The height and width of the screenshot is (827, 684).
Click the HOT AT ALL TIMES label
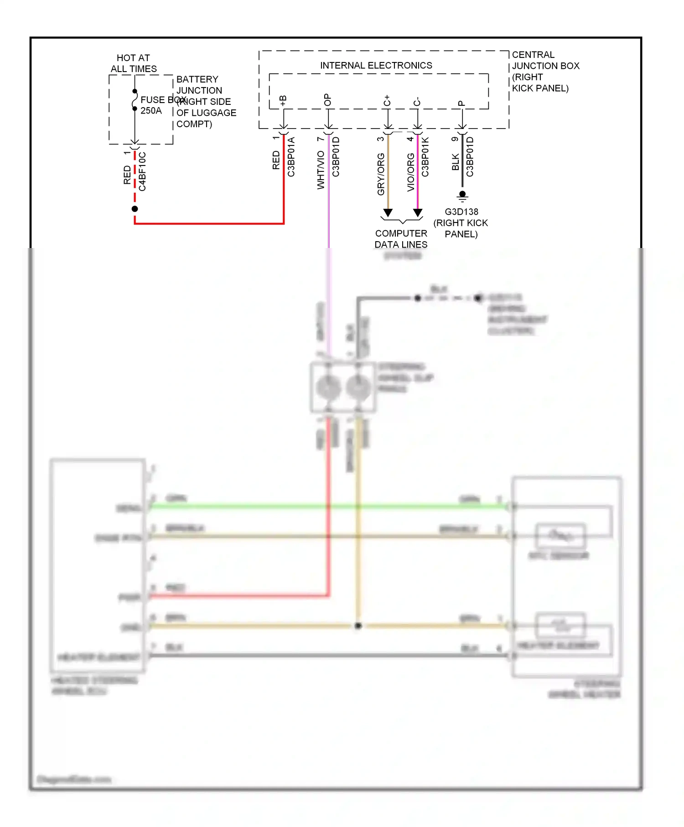[133, 63]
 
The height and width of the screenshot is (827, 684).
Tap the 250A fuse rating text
[151, 111]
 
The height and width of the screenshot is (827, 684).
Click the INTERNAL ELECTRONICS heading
[376, 66]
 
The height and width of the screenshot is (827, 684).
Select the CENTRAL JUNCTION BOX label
[545, 66]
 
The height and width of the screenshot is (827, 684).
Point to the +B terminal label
[283, 101]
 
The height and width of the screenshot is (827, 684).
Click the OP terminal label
[327, 100]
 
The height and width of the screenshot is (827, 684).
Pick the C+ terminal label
[387, 101]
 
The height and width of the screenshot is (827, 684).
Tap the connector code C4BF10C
[143, 171]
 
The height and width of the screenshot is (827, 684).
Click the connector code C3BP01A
[291, 157]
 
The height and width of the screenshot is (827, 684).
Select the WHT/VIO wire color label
[321, 170]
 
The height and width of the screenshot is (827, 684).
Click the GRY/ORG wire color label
[381, 174]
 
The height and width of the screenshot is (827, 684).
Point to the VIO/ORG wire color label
[411, 172]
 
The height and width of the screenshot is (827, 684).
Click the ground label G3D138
[461, 212]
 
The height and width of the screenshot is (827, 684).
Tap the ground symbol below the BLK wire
[462, 196]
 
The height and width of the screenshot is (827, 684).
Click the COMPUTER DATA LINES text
[401, 239]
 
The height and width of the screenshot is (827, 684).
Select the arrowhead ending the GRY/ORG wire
[388, 213]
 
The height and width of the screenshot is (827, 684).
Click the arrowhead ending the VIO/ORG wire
[418, 213]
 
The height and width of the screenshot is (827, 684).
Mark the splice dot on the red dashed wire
[135, 209]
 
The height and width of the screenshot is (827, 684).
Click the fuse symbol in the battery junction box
[135, 100]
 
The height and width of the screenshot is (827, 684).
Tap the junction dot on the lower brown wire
[358, 626]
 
